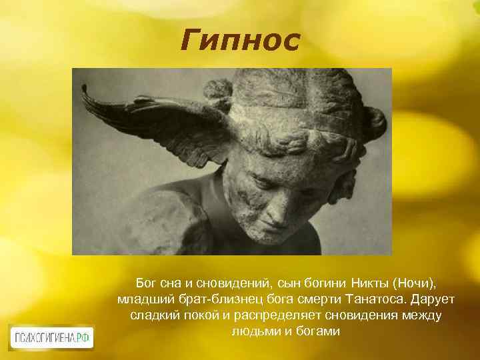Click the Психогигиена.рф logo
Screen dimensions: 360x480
(51, 337)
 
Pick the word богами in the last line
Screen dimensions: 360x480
(315, 331)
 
